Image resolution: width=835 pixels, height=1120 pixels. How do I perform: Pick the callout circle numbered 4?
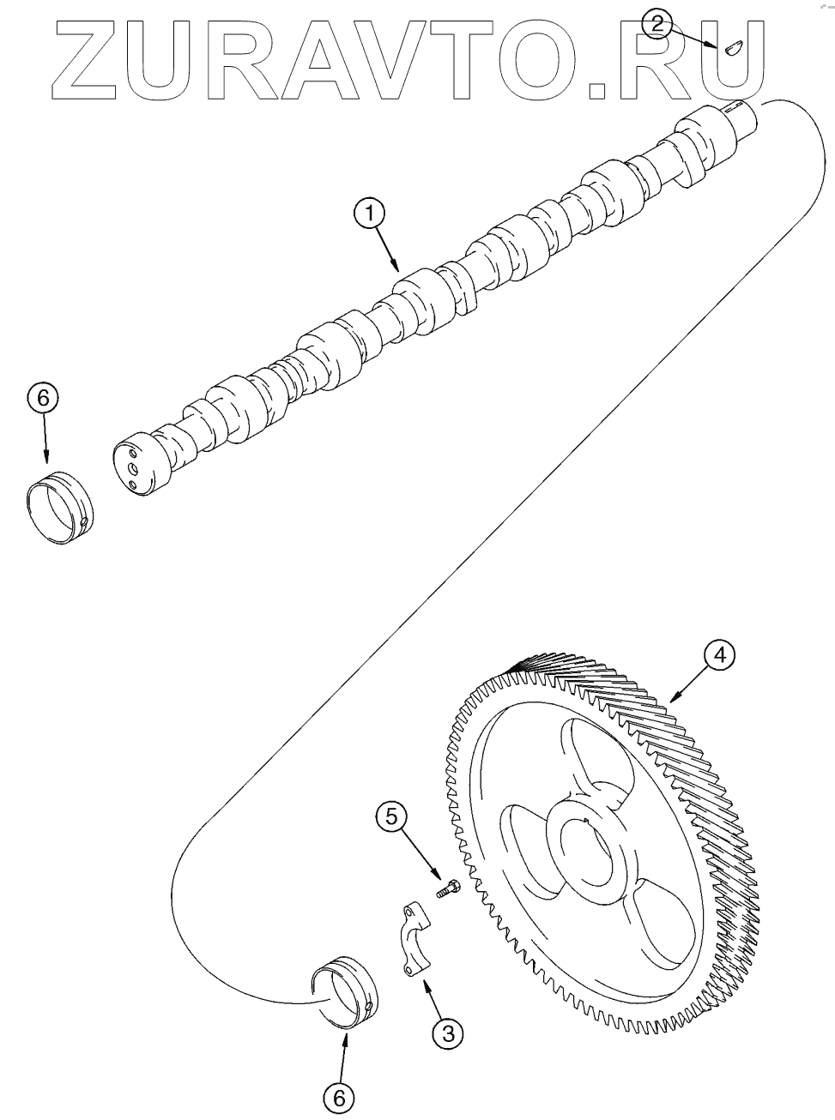pyautogui.click(x=719, y=654)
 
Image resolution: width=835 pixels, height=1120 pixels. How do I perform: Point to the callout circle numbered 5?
pyautogui.click(x=391, y=817)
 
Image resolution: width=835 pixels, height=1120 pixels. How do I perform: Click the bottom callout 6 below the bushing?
pyautogui.click(x=339, y=1096)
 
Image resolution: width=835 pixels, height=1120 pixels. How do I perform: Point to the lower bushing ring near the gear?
pyautogui.click(x=342, y=993)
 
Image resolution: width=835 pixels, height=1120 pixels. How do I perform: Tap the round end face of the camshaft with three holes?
pyautogui.click(x=136, y=467)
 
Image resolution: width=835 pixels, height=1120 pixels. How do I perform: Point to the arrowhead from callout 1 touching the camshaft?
pyautogui.click(x=397, y=268)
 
